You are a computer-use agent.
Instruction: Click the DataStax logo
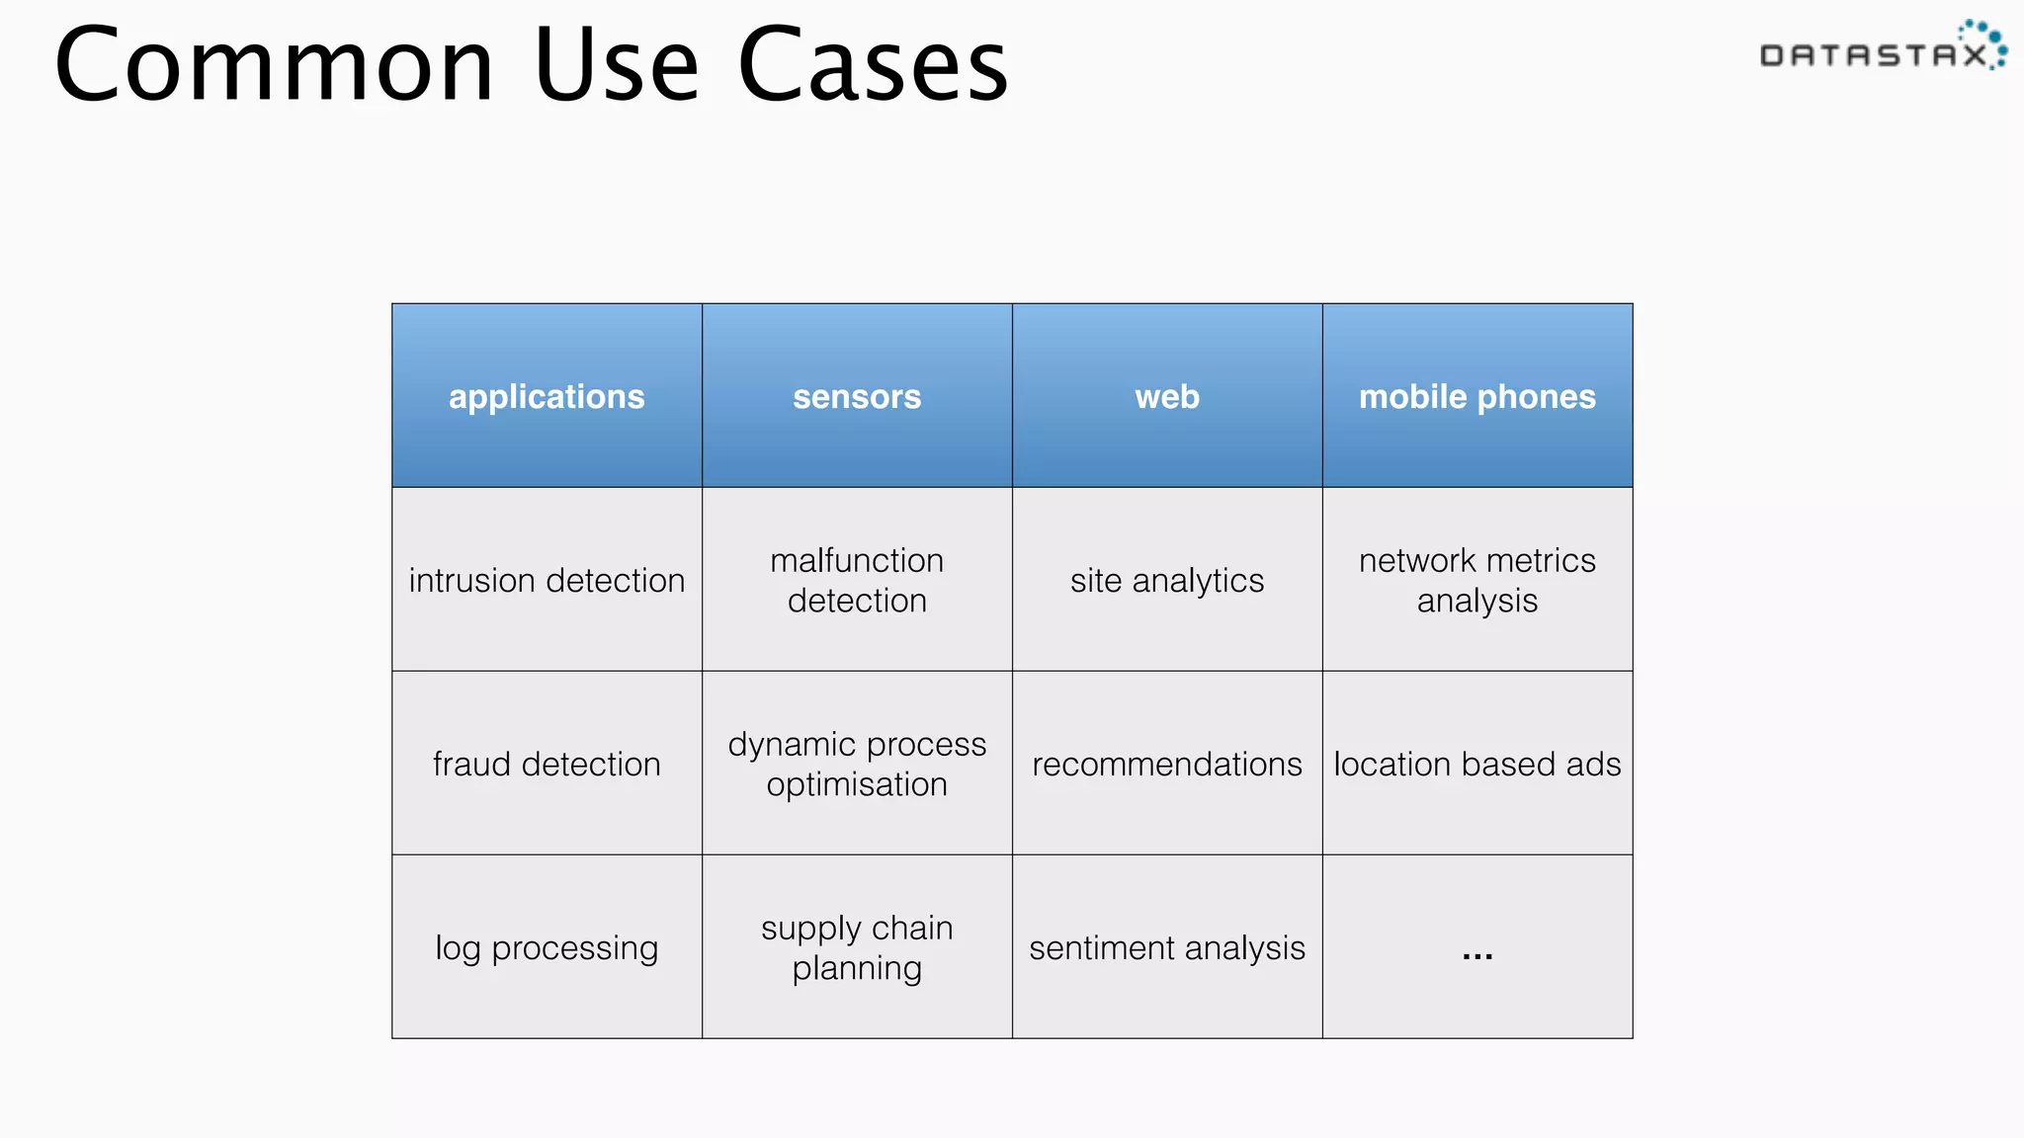[x=1882, y=49]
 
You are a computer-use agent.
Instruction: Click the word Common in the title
[x=274, y=65]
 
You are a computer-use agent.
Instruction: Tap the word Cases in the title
[x=873, y=65]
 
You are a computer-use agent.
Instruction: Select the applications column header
[x=547, y=396]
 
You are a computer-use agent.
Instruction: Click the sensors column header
[x=857, y=396]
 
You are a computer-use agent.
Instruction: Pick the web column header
[x=1167, y=396]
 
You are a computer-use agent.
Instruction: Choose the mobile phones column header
[x=1476, y=396]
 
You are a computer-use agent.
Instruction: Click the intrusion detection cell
[x=547, y=580]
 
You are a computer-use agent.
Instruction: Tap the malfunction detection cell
[x=857, y=580]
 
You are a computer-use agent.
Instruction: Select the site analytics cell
[x=1167, y=580]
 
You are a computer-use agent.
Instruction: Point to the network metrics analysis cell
[x=1476, y=580]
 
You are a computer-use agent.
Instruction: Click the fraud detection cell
[x=547, y=764]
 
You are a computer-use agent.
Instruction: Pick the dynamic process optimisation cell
[x=857, y=764]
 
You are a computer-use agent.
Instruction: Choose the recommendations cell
[x=1167, y=764]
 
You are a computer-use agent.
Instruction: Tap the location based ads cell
[x=1476, y=764]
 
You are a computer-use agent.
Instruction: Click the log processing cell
[x=547, y=947]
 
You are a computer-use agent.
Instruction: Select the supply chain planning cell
[x=857, y=947]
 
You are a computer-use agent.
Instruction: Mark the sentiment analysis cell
[x=1167, y=947]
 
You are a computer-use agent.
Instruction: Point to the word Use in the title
[x=617, y=65]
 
